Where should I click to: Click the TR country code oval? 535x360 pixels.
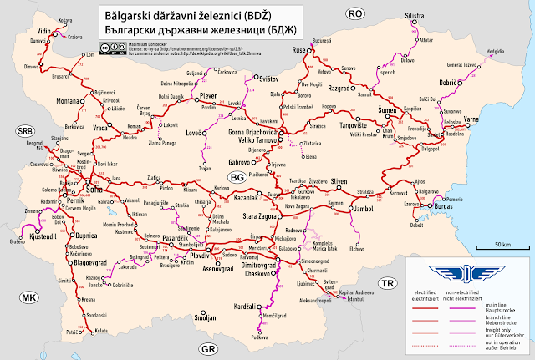click(386, 284)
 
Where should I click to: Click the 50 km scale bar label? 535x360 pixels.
click(502, 244)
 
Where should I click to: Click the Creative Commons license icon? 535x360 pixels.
click(110, 49)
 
